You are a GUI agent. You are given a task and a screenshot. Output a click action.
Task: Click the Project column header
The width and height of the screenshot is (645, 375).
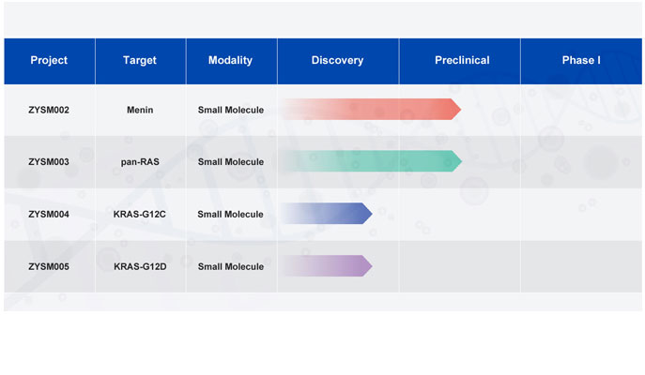coord(49,60)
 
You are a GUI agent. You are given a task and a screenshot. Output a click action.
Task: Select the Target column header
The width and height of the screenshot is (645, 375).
coord(140,60)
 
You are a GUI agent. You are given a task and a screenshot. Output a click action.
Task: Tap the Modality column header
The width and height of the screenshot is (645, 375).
coord(230,60)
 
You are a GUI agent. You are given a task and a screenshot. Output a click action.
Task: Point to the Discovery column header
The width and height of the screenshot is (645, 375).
coord(337,60)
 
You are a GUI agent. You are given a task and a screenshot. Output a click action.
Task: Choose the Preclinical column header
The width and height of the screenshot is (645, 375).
coord(462,60)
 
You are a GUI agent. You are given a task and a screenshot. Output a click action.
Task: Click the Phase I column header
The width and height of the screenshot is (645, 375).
coord(581,60)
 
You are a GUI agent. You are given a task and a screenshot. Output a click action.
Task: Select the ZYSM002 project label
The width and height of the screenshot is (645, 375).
coord(49,110)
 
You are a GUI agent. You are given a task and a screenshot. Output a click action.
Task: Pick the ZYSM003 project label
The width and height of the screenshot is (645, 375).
coord(49,162)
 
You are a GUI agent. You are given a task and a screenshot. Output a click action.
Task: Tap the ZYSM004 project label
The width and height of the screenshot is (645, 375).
coord(49,215)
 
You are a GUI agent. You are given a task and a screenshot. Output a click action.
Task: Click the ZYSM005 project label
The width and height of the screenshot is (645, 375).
coord(49,266)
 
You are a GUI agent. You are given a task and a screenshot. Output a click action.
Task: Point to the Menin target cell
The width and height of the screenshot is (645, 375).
coord(140,110)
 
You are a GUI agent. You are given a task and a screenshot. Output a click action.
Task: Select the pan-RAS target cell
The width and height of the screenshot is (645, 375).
coord(140,162)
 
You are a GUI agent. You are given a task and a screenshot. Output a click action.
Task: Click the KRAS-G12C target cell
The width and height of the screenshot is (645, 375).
coord(140,215)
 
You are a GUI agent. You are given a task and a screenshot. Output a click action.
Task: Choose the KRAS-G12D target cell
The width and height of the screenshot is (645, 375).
coord(140,266)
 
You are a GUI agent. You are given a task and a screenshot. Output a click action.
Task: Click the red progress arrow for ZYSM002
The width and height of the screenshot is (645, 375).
coord(370,110)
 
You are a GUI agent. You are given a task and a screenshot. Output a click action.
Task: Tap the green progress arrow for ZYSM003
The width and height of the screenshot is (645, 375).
coord(370,161)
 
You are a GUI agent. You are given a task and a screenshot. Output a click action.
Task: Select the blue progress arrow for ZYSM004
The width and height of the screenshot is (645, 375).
coord(327,213)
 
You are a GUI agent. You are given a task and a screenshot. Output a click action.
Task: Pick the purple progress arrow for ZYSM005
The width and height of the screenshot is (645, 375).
coord(327,265)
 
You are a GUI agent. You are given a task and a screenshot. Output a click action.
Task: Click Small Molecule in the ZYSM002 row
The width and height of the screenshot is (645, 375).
coord(231,110)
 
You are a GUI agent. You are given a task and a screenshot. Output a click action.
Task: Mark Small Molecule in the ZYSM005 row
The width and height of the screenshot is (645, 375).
coord(231,266)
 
